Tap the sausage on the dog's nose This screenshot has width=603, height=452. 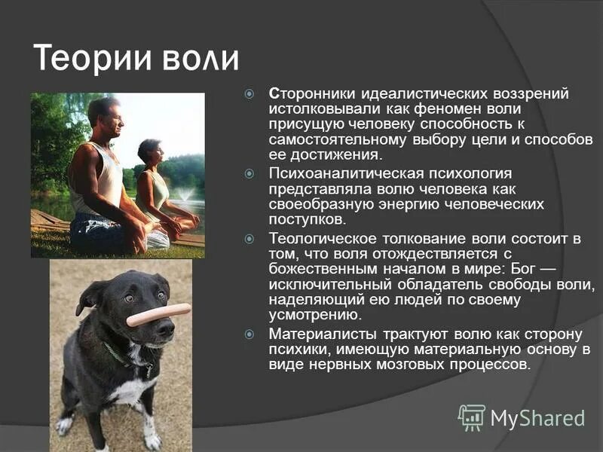click(158, 314)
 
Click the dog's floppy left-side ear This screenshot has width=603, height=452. click(89, 296)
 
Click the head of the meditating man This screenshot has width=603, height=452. click(103, 115)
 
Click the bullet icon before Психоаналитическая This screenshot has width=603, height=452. click(251, 174)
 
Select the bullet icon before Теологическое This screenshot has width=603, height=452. click(251, 239)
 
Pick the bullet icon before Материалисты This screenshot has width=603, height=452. click(251, 333)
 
